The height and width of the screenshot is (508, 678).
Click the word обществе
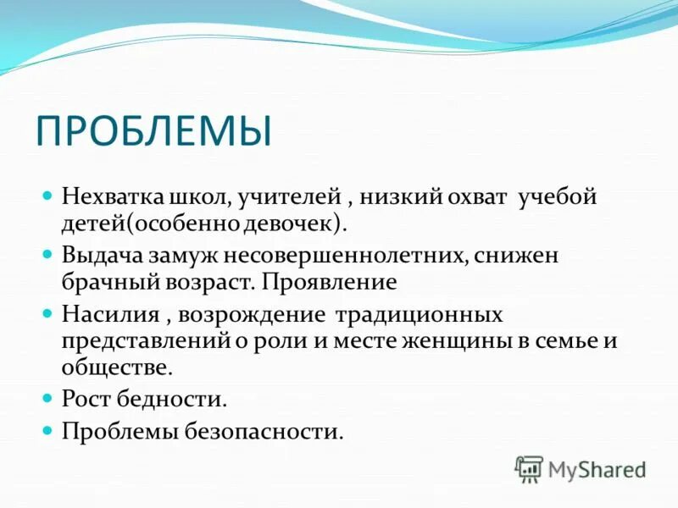pyautogui.click(x=117, y=367)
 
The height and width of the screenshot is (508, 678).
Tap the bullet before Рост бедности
pyautogui.click(x=48, y=399)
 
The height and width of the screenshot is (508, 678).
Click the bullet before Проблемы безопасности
pyautogui.click(x=48, y=431)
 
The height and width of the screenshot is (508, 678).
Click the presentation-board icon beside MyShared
pyautogui.click(x=529, y=468)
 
